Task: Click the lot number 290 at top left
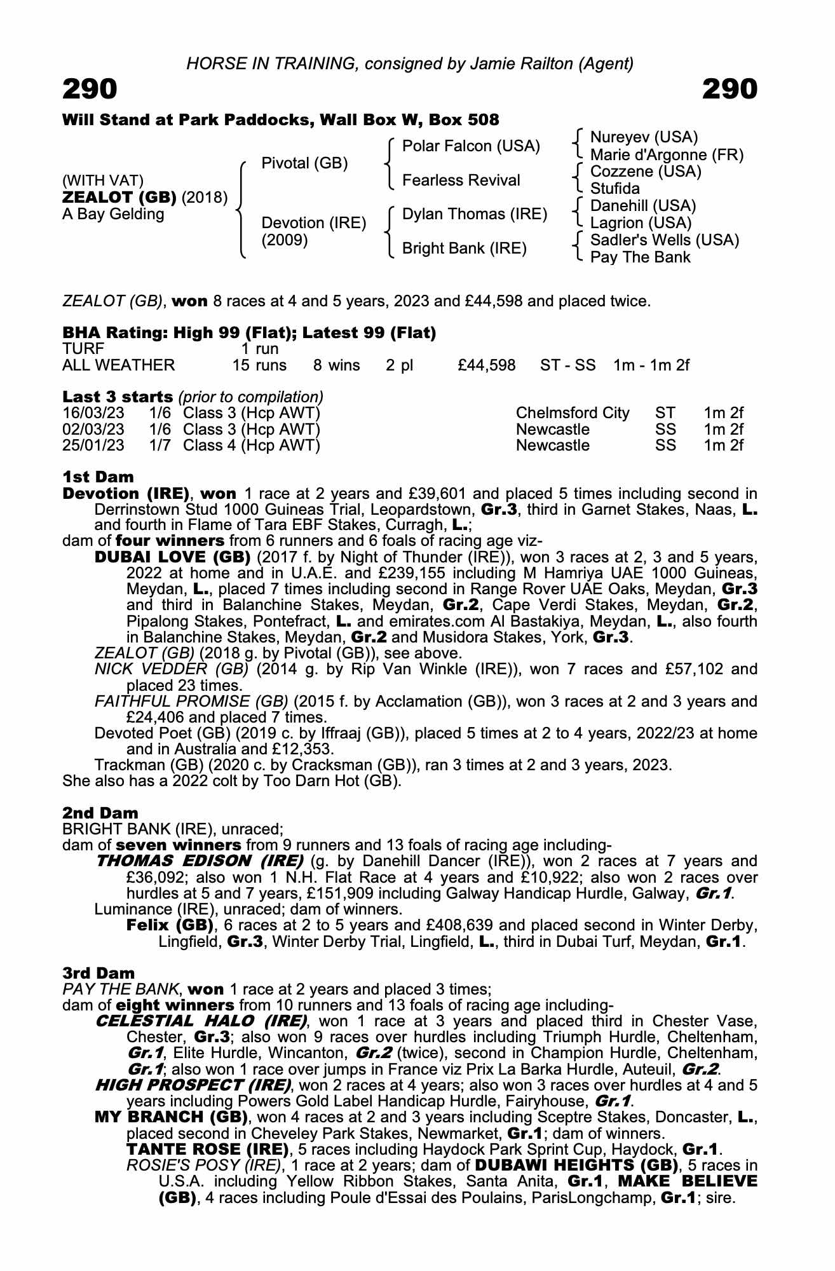pyautogui.click(x=90, y=90)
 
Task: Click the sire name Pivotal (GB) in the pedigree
pyautogui.click(x=304, y=163)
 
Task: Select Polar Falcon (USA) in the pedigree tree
pyautogui.click(x=471, y=146)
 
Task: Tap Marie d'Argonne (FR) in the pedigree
pyautogui.click(x=667, y=155)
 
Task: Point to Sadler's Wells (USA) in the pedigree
pyautogui.click(x=665, y=240)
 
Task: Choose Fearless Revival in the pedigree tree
pyautogui.click(x=461, y=180)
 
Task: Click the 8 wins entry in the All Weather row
pyautogui.click(x=336, y=365)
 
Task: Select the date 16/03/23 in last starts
pyautogui.click(x=93, y=413)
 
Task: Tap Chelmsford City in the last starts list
pyautogui.click(x=573, y=413)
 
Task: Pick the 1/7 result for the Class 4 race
pyautogui.click(x=160, y=445)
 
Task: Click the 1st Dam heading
pyautogui.click(x=98, y=477)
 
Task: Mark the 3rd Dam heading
pyautogui.click(x=98, y=973)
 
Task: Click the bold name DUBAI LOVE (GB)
pyautogui.click(x=172, y=557)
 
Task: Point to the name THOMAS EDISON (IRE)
pyautogui.click(x=199, y=861)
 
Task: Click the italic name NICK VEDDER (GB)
pyautogui.click(x=171, y=669)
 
